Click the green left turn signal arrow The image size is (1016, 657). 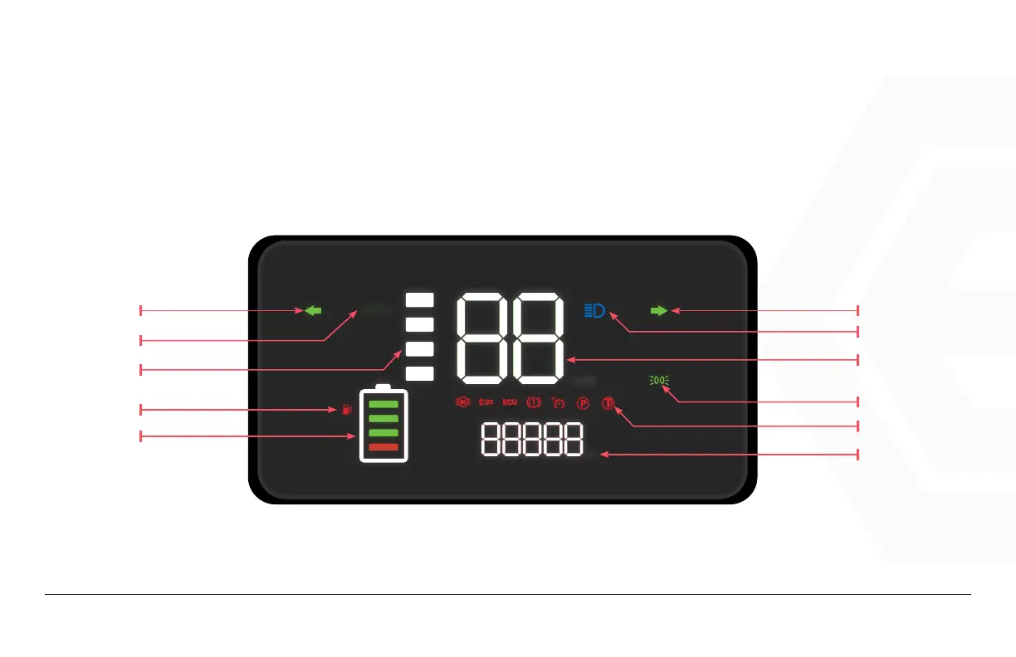pos(313,310)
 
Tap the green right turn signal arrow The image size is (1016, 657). pos(658,310)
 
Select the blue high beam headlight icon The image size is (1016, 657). pos(595,311)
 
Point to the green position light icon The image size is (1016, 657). pos(658,381)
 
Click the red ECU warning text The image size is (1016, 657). pos(510,403)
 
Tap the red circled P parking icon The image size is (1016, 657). pos(583,403)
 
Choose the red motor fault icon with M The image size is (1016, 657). pos(463,403)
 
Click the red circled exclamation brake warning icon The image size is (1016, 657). pos(534,403)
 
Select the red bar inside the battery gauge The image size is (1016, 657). pos(383,448)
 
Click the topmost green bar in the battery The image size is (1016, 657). pos(383,403)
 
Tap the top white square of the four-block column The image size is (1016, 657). pos(420,299)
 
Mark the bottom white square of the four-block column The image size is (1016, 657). pos(420,373)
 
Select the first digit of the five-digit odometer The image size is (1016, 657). pos(491,439)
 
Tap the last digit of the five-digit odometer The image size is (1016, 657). pos(571,439)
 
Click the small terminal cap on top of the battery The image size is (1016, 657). pos(383,387)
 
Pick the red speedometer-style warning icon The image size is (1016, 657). pos(558,403)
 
